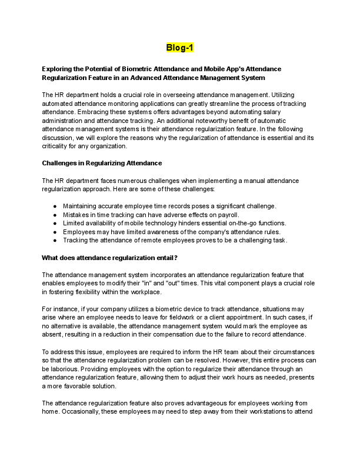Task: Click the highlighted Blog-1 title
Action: pyautogui.click(x=180, y=48)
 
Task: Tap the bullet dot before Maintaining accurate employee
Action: pyautogui.click(x=55, y=206)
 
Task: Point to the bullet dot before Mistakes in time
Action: pyautogui.click(x=55, y=215)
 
